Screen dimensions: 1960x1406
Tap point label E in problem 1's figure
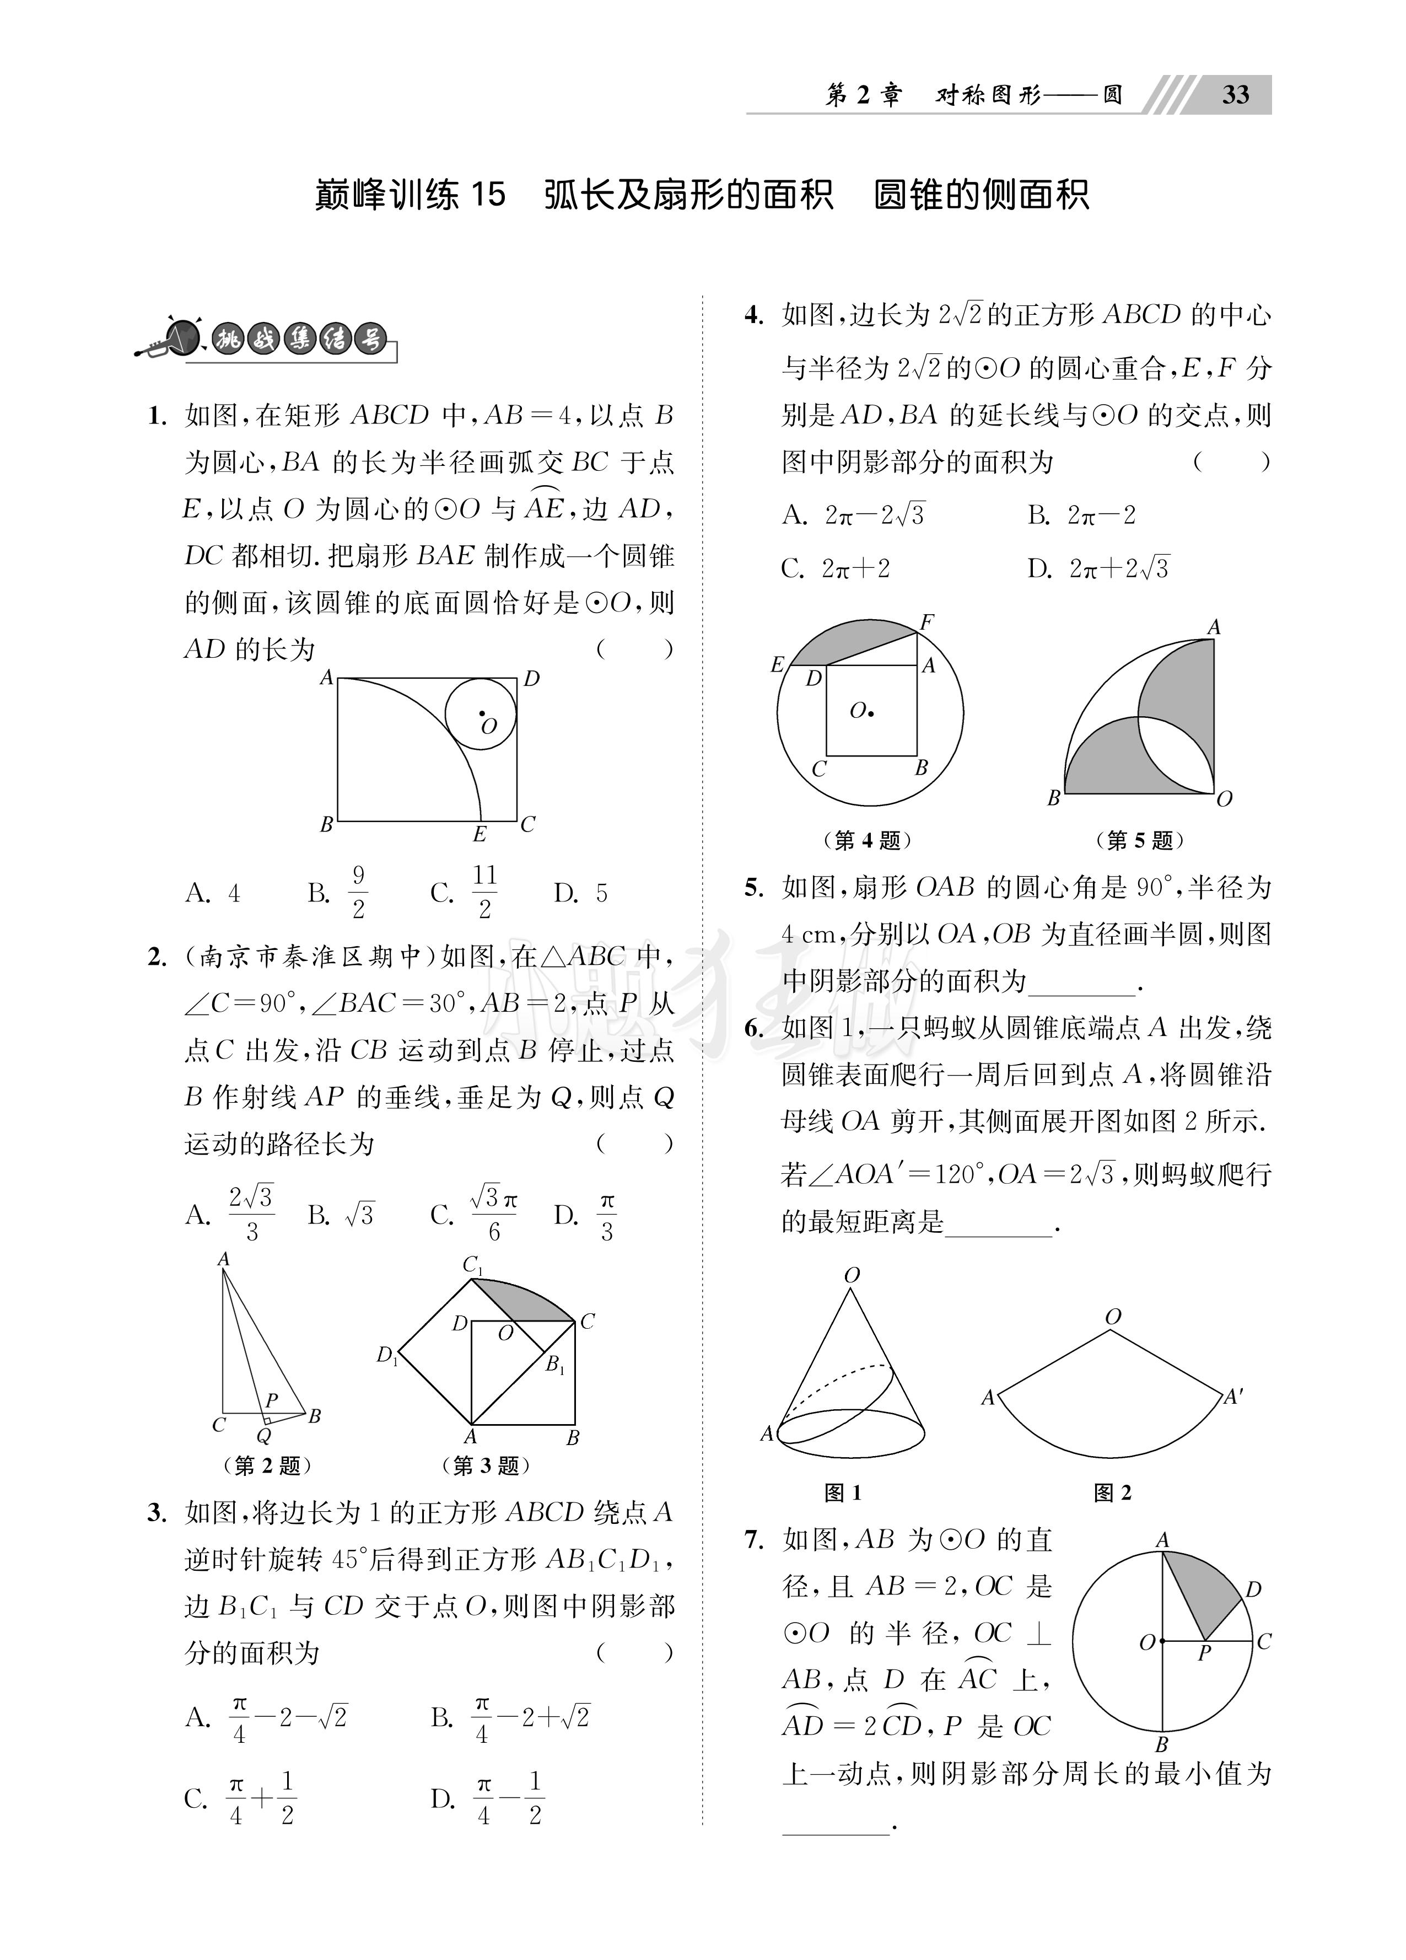[480, 834]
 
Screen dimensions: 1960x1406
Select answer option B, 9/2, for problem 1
[340, 892]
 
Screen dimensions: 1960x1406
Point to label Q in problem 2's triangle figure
[265, 1436]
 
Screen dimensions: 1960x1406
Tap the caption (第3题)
[485, 1465]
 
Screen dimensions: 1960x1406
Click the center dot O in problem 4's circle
[871, 713]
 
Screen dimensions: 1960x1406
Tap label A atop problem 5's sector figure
[1213, 626]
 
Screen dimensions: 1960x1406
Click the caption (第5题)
[1139, 840]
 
